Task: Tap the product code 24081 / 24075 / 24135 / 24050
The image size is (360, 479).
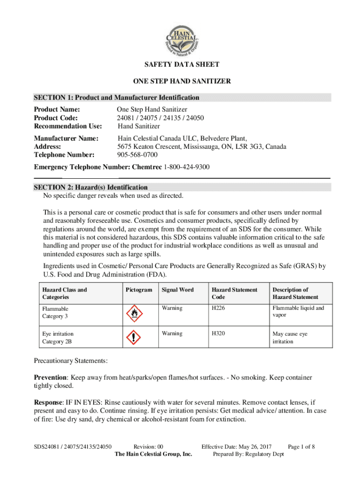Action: click(160, 118)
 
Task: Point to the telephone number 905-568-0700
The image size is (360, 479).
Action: click(137, 155)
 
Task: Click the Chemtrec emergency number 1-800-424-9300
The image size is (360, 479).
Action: click(186, 167)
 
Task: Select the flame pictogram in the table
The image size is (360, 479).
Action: click(134, 313)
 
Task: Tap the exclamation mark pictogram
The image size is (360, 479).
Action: click(134, 338)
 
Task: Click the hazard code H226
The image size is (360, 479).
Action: click(218, 308)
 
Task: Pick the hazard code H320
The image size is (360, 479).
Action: click(218, 334)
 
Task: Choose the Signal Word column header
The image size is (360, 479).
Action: click(177, 290)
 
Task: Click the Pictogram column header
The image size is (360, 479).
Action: click(139, 290)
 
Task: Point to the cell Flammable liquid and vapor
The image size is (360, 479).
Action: click(298, 312)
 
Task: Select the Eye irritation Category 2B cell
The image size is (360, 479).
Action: click(58, 338)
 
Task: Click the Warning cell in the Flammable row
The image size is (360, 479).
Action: click(172, 308)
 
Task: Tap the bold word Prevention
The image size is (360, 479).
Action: click(51, 377)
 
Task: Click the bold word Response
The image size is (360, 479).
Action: click(48, 402)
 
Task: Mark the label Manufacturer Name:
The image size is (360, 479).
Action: click(66, 138)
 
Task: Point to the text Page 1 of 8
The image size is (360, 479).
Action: click(301, 447)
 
